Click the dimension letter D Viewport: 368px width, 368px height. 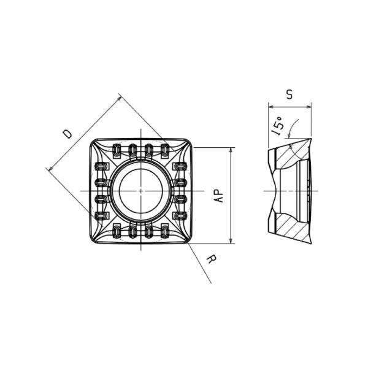pyautogui.click(x=68, y=134)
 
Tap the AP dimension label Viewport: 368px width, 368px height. pyautogui.click(x=219, y=196)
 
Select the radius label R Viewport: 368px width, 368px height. pyautogui.click(x=212, y=260)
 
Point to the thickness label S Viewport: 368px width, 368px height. pyautogui.click(x=289, y=94)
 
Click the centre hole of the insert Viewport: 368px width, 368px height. pyautogui.click(x=140, y=191)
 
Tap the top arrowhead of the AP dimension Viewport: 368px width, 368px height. pyautogui.click(x=231, y=150)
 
